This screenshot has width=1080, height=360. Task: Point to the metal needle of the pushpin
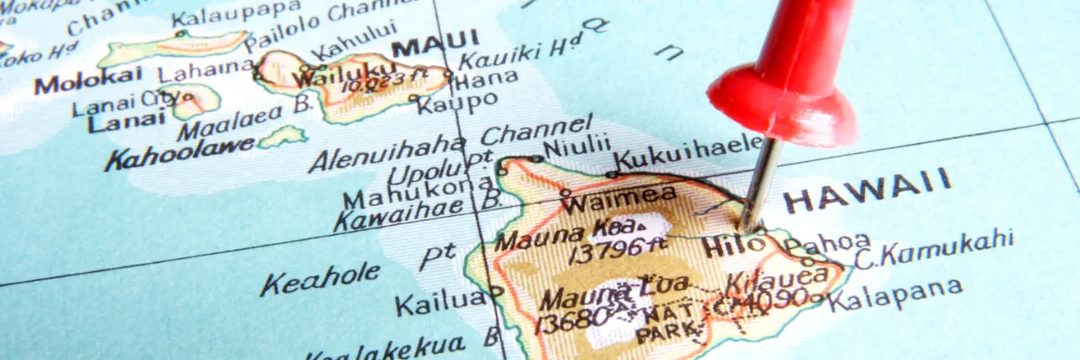pos(759,180)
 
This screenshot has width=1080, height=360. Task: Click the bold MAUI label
pos(436,42)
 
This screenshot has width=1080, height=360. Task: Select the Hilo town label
pos(731,243)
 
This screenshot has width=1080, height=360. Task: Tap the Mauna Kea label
pos(569,233)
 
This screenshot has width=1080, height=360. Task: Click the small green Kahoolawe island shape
pos(282,136)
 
